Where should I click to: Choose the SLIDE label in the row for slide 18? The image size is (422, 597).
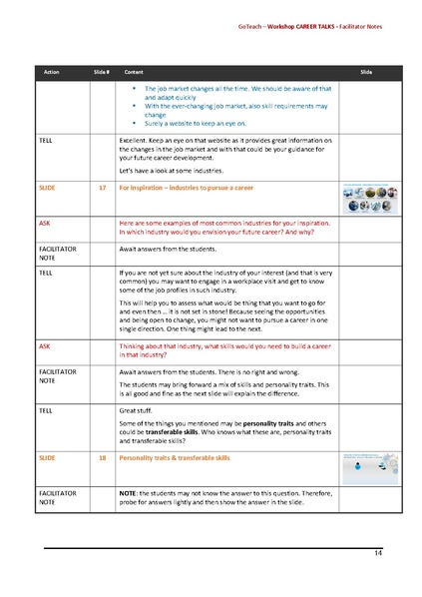coord(47,457)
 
